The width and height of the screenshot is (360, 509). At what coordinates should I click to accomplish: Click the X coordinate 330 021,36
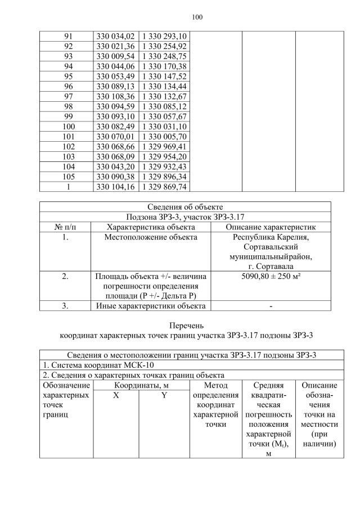coord(115,46)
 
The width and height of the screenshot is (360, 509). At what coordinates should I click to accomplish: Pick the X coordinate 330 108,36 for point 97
coord(115,96)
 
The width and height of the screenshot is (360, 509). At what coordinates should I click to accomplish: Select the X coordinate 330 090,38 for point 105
coord(115,177)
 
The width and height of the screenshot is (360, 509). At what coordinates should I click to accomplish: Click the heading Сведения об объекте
coord(185,206)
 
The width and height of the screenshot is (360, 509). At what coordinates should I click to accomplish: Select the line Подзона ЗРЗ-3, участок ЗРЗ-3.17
coord(185,217)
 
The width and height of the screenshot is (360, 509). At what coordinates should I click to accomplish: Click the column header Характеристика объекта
coord(151,227)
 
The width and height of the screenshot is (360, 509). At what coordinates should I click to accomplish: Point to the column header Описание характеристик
coord(271,227)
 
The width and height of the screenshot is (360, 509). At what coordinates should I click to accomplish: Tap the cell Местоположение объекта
coord(151,237)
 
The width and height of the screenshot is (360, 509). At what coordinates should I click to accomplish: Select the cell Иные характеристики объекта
coord(151,306)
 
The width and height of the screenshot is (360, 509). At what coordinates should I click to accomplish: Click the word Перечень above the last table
coord(185,325)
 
